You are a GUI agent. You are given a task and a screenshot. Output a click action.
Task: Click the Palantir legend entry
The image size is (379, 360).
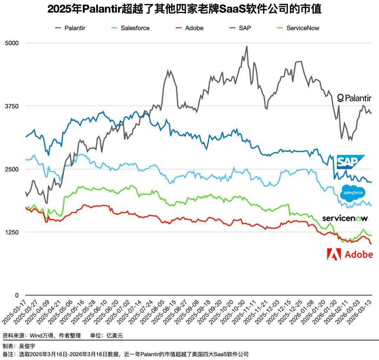point(70,28)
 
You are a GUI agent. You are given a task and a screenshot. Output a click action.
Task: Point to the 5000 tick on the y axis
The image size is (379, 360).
point(12,43)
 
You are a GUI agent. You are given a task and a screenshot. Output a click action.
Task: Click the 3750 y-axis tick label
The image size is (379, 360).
point(12,106)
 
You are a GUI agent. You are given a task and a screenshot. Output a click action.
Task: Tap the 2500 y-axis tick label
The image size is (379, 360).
point(12,169)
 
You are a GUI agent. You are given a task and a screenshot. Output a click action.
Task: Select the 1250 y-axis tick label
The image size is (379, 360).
point(12,232)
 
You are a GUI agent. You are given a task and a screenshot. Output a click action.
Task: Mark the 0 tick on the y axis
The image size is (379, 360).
point(16,296)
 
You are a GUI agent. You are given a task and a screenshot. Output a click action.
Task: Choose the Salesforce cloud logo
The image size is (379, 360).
point(353,193)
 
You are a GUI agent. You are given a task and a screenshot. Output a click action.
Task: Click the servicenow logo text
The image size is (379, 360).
point(345,218)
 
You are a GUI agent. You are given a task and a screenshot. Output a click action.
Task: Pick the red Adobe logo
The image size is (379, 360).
point(350,254)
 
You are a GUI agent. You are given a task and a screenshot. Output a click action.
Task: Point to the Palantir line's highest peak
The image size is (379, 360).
point(247,46)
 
